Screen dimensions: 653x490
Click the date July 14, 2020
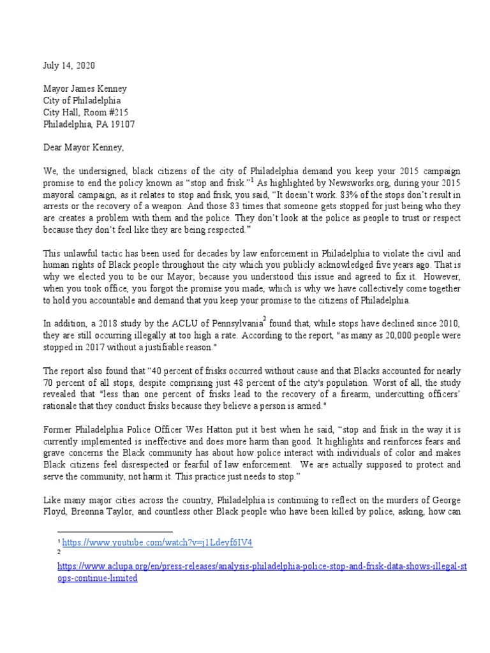click(x=71, y=66)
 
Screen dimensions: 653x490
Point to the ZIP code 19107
click(x=121, y=124)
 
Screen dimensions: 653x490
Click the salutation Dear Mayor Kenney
click(x=84, y=149)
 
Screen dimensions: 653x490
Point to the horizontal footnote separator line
click(x=115, y=531)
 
